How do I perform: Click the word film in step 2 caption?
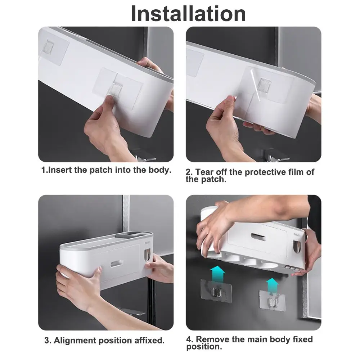click(x=296, y=172)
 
